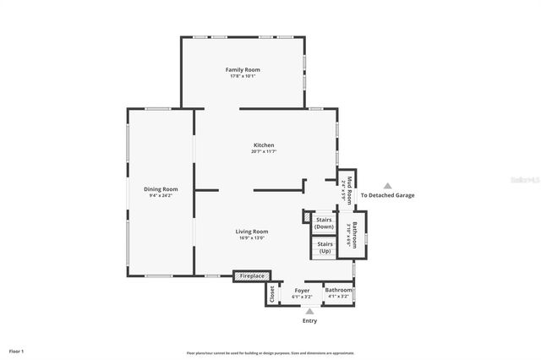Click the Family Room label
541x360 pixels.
pos(242,69)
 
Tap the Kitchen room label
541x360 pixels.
pos(264,145)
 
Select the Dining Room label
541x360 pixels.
pos(161,188)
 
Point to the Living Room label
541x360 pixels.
pos(252,231)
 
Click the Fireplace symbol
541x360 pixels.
pos(252,275)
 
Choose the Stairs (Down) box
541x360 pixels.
pos(324,223)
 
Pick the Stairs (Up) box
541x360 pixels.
pos(324,247)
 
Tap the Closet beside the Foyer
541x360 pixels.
pos(272,293)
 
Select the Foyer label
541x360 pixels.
pos(302,290)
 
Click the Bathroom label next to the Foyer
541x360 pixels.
pos(338,290)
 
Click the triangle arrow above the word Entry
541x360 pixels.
pos(310,311)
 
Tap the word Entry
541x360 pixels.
pos(310,321)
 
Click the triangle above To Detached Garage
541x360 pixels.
pos(387,186)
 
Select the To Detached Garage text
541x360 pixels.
pos(387,195)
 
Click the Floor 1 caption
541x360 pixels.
pos(17,351)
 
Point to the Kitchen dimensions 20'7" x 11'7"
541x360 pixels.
pos(264,152)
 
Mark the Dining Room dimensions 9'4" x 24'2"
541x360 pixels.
pos(161,195)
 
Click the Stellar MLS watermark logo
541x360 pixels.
pos(524,180)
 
